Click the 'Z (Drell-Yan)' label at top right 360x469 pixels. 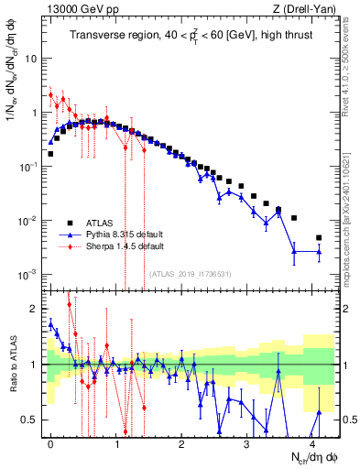point(304,9)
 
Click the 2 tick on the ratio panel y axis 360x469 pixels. point(35,309)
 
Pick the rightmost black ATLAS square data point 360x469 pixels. point(319,238)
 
